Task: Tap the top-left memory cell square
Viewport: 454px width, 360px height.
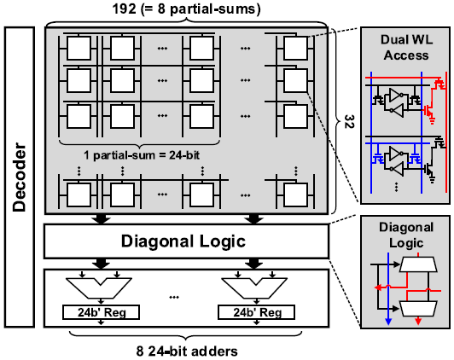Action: coord(80,48)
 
